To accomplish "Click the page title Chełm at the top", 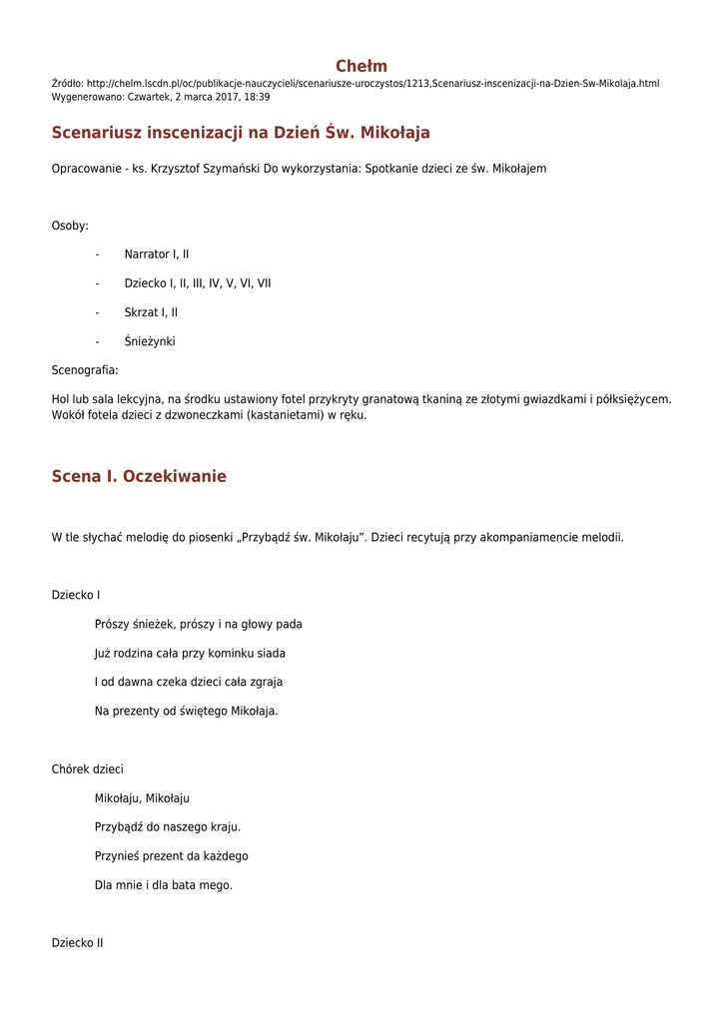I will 362,66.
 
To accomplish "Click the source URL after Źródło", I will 373,84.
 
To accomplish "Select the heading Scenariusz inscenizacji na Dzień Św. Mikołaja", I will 241,133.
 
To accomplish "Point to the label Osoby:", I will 70,226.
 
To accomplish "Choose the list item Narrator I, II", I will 157,255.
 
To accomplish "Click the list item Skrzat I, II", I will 151,312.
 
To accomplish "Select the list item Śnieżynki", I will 150,341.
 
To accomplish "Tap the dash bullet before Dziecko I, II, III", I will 97,283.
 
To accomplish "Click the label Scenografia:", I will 85,370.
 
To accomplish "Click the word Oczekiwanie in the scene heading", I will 175,477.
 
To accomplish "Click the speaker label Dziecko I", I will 76,596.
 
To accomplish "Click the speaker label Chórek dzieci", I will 88,769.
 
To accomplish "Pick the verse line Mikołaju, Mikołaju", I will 142,798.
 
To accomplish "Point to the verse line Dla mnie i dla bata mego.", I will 163,885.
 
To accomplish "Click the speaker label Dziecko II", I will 78,943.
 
